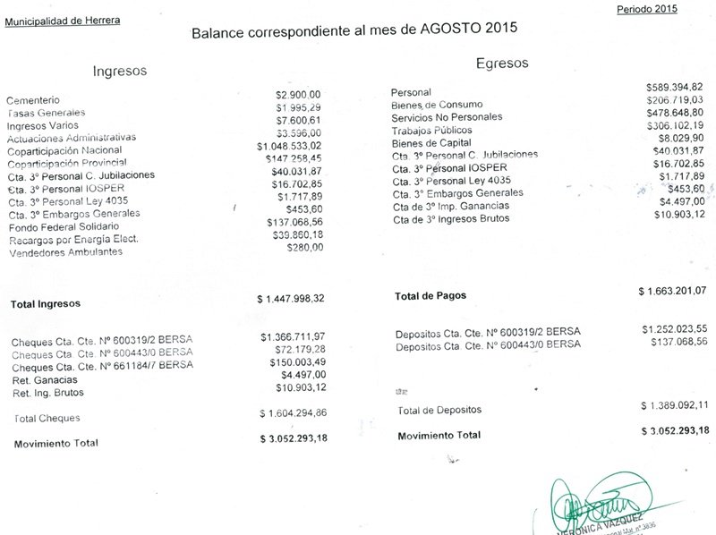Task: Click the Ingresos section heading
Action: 120,71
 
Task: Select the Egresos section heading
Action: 502,64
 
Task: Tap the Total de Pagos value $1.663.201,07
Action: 672,290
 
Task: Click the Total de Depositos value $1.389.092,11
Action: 675,405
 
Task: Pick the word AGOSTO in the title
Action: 439,29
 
